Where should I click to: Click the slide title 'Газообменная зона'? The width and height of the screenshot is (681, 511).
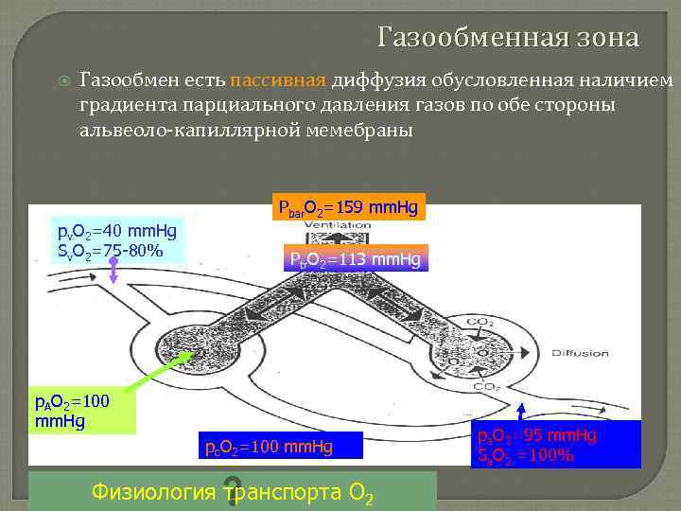pyautogui.click(x=508, y=38)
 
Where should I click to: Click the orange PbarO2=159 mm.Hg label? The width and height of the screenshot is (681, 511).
pyautogui.click(x=346, y=206)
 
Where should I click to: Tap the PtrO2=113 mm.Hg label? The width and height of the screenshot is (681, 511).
pyautogui.click(x=356, y=258)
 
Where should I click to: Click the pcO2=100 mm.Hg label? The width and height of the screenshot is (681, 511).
pyautogui.click(x=270, y=444)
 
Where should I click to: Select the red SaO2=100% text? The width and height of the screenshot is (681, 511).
pyautogui.click(x=527, y=454)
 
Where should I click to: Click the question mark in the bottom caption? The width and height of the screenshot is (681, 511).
pyautogui.click(x=230, y=491)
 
